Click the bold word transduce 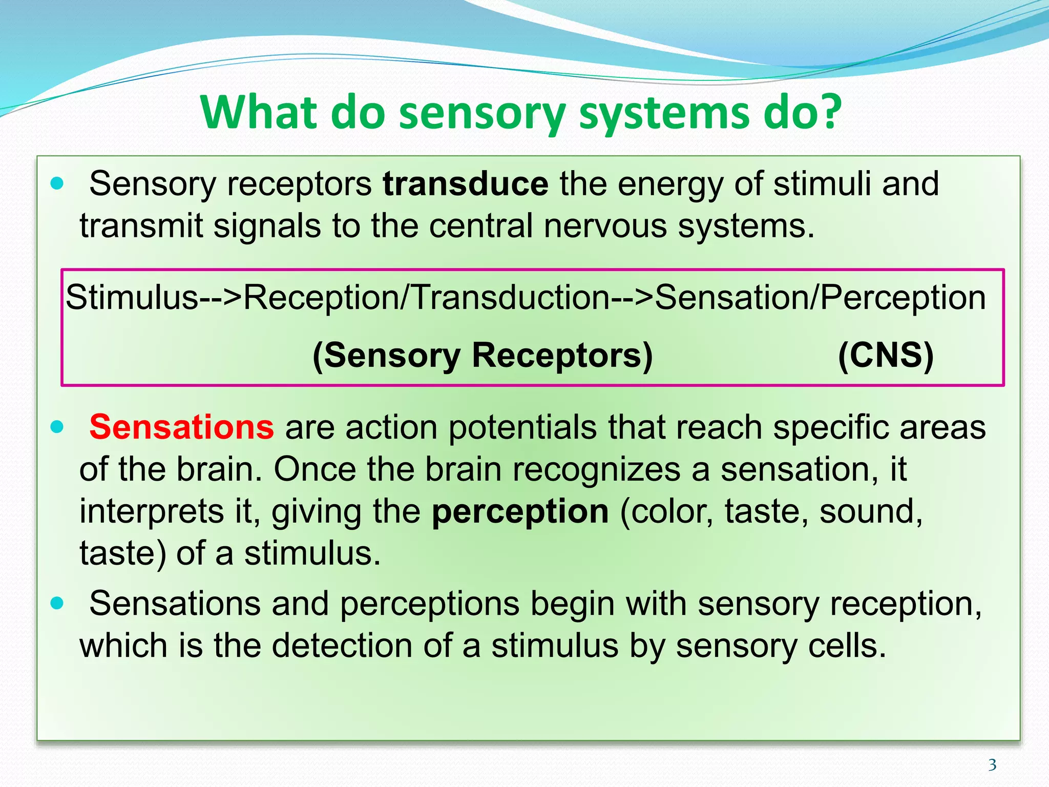(465, 184)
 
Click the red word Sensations (182, 427)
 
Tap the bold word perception (520, 512)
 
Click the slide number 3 (992, 765)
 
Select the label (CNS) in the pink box (886, 355)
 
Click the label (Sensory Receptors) (482, 355)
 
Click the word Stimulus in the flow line (132, 298)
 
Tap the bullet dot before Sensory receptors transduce (57, 183)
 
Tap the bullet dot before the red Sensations (57, 427)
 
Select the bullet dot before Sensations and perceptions (57, 603)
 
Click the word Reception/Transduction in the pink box (426, 298)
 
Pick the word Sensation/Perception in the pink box (820, 298)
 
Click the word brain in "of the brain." (219, 470)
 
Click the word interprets (151, 512)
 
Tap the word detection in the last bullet (342, 646)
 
